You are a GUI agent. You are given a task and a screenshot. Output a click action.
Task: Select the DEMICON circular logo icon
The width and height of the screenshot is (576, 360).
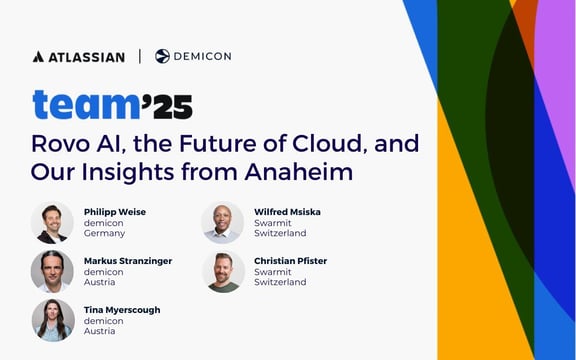(162, 56)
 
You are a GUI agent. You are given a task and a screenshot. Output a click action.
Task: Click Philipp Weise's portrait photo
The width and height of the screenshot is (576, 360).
(52, 223)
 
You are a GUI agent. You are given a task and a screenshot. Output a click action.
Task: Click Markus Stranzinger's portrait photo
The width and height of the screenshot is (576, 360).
(52, 271)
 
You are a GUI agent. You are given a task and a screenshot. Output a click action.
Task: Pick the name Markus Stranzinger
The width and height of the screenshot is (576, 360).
(128, 261)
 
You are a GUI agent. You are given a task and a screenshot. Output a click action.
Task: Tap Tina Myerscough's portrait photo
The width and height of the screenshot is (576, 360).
(52, 320)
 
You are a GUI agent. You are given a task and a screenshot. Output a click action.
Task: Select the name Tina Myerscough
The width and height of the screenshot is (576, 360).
(122, 310)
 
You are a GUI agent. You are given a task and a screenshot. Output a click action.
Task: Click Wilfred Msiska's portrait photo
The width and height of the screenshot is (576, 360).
(222, 223)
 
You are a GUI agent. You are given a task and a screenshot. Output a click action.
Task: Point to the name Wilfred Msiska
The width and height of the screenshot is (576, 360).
(288, 212)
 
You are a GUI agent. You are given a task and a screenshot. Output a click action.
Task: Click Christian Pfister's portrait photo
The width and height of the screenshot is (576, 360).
(222, 271)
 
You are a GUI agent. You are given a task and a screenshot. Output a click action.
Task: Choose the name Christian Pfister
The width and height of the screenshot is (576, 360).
(291, 261)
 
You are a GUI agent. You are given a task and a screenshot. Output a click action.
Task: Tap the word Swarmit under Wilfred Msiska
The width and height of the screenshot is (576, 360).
(273, 223)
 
